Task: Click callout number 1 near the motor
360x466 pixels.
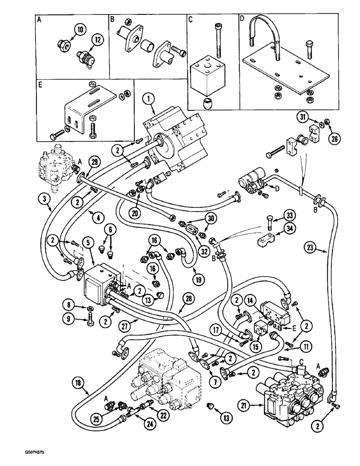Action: point(148,99)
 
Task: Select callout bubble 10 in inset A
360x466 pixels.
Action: point(80,30)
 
